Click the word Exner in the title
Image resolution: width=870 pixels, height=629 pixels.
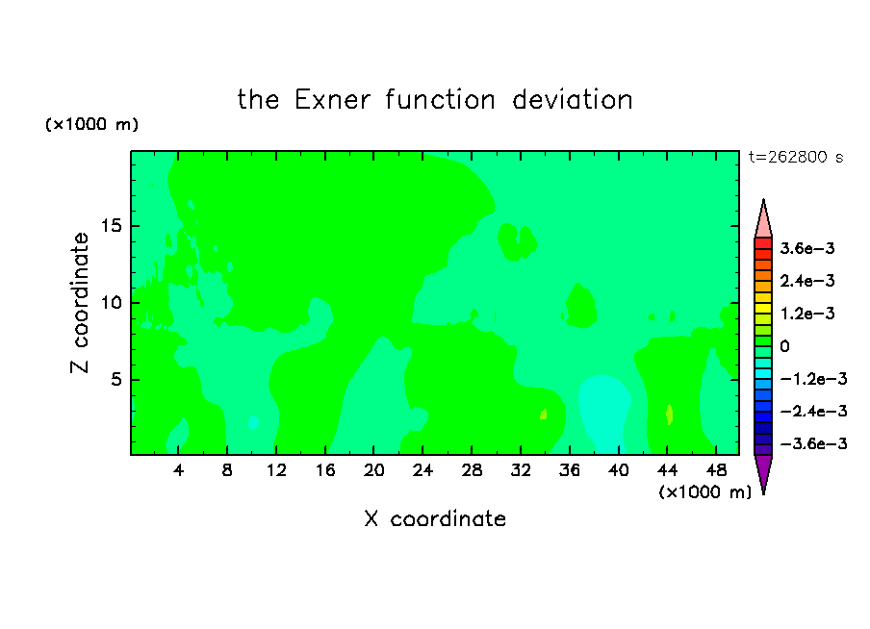coord(332,100)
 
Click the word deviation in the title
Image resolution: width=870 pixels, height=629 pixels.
coord(573,100)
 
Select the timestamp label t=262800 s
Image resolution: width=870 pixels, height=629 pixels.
coord(796,158)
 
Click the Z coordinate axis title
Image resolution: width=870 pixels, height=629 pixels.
coord(80,303)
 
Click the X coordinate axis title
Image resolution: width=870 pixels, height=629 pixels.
coord(435,519)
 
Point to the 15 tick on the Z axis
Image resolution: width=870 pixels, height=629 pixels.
coord(111,226)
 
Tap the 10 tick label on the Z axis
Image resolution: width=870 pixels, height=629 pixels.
coord(111,303)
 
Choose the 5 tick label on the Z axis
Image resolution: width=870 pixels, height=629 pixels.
coord(115,379)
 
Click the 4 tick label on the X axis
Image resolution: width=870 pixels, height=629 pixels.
coord(178,471)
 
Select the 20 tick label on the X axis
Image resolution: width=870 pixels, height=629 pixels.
coord(374,471)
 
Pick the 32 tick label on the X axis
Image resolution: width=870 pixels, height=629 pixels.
coord(521,471)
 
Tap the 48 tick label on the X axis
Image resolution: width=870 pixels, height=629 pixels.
coord(716,471)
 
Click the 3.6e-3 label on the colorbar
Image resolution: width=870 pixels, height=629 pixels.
coord(807,248)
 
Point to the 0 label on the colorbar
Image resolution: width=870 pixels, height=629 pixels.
coord(784,346)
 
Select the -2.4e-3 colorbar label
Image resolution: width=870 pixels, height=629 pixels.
coord(813,412)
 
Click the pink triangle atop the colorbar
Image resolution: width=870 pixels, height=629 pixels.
coord(763,218)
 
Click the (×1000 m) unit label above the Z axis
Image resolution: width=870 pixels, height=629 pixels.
coord(91,124)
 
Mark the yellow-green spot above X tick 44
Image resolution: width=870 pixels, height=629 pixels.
coord(670,415)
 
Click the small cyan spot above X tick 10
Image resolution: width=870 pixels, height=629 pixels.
coord(253,422)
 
